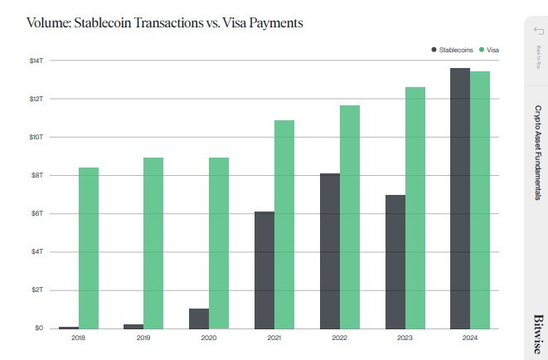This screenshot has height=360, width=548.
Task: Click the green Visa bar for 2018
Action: (x=89, y=248)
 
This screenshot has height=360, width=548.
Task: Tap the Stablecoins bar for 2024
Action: (x=460, y=198)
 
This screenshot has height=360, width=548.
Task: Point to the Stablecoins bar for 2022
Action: (x=329, y=251)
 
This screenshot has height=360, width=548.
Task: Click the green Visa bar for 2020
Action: (x=219, y=242)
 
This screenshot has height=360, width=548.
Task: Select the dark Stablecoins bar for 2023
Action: (x=395, y=261)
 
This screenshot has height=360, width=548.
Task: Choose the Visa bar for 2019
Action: (x=153, y=242)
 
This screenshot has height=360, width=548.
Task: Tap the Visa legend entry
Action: (x=490, y=51)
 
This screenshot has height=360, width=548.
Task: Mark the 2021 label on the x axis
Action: (x=274, y=338)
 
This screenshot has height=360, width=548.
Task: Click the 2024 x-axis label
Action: (x=469, y=338)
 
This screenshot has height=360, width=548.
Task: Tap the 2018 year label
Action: (x=79, y=338)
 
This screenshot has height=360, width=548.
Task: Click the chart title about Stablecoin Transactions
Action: (x=164, y=22)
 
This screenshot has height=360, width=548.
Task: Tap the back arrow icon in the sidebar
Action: (x=536, y=31)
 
